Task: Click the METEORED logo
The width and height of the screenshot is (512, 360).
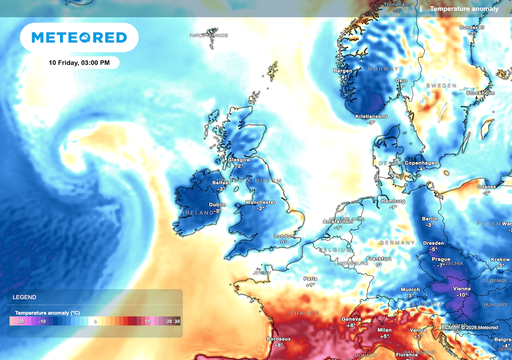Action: [79, 38]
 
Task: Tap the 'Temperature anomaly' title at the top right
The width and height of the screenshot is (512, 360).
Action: [463, 8]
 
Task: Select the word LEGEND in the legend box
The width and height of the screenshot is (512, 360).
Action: [24, 298]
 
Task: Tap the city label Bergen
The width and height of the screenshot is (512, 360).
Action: [344, 71]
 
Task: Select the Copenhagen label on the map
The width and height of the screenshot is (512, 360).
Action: [423, 161]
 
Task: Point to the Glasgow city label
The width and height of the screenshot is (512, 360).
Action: [239, 158]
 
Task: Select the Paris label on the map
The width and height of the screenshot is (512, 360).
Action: [311, 277]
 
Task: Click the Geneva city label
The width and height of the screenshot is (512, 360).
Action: [350, 317]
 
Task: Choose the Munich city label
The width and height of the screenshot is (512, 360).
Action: [408, 288]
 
